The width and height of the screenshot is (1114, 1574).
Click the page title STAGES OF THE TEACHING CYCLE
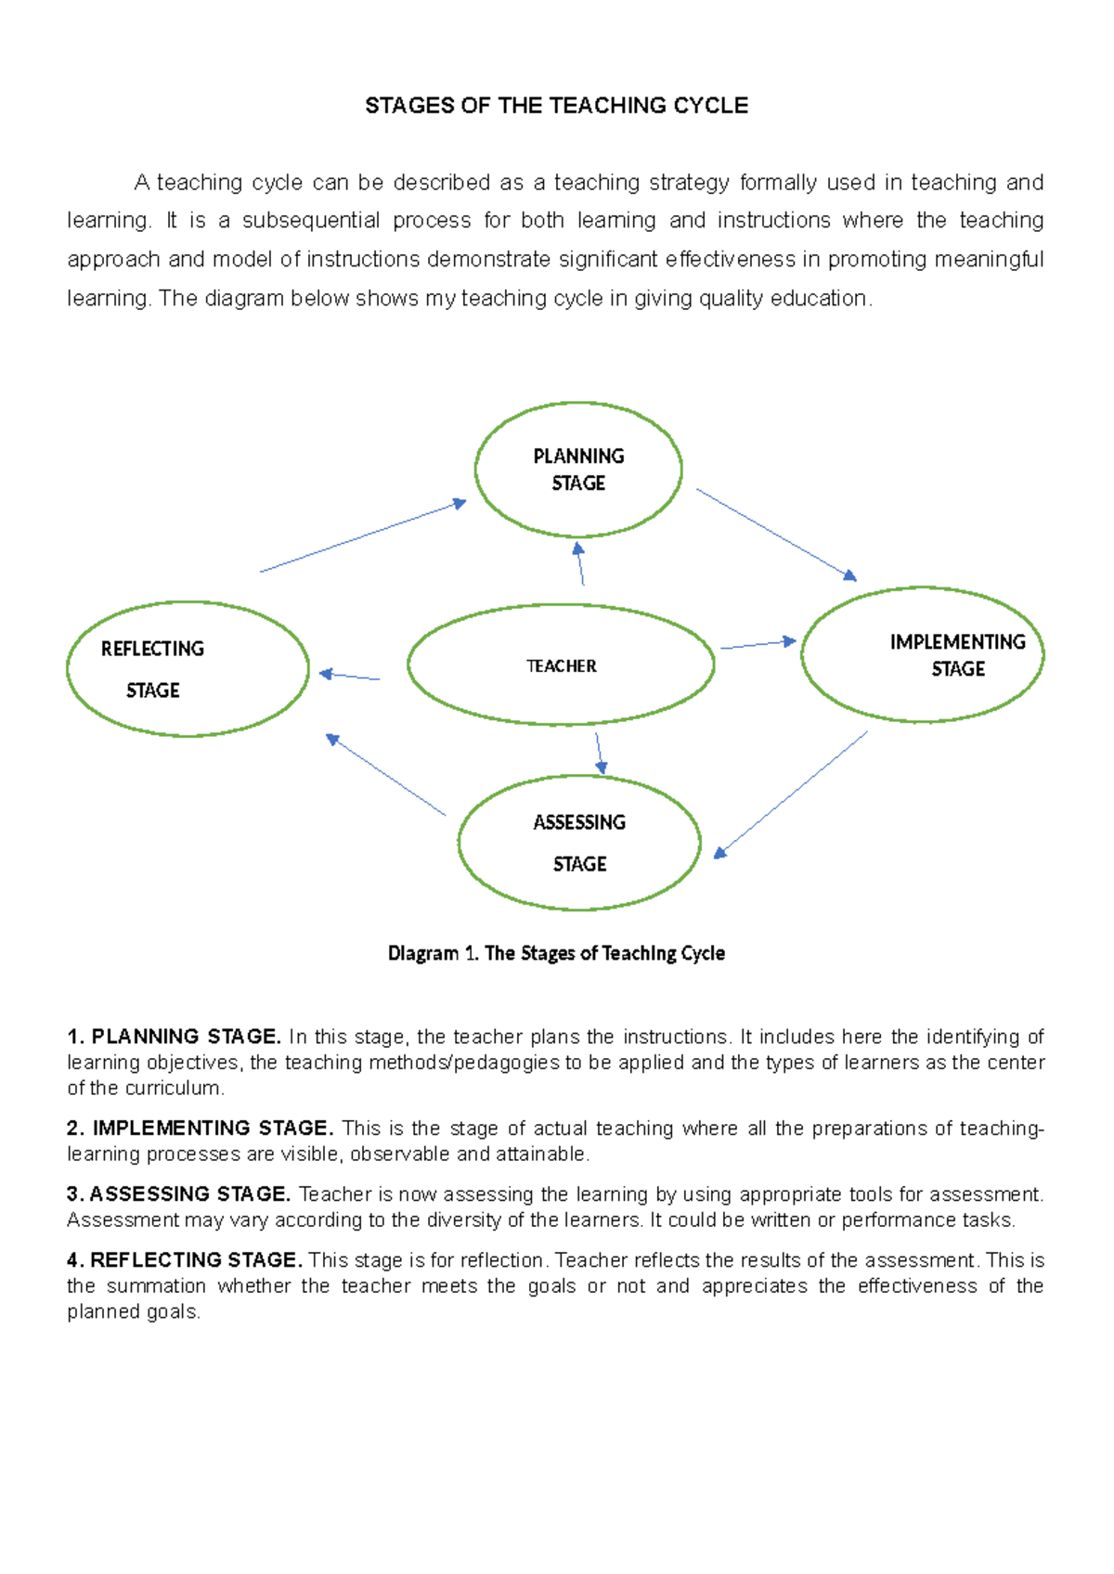click(x=556, y=106)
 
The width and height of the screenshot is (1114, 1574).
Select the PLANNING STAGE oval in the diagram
click(x=578, y=470)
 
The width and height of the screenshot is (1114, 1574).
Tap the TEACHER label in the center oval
click(x=561, y=666)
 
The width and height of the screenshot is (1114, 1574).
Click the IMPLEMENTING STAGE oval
click(x=922, y=655)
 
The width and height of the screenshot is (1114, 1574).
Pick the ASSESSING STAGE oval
click(x=579, y=843)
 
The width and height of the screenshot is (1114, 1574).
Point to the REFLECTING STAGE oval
click(x=188, y=669)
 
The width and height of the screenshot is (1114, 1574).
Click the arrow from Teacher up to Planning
click(x=580, y=564)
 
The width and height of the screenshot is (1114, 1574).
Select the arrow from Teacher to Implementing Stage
click(x=758, y=644)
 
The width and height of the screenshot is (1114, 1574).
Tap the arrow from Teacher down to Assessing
click(x=599, y=753)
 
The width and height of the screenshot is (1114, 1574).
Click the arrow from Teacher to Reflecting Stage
click(x=349, y=677)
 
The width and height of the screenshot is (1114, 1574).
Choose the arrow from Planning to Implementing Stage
click(x=776, y=535)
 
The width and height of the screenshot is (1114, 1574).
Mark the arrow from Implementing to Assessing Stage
click(x=791, y=793)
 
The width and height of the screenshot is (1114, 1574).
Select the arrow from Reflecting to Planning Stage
click(x=363, y=536)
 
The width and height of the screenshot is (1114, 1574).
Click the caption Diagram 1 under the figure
click(x=556, y=953)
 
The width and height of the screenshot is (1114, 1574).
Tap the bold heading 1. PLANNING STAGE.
click(x=174, y=1037)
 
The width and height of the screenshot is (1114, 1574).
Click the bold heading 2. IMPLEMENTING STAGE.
click(x=200, y=1129)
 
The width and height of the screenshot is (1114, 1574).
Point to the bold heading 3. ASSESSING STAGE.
click(x=179, y=1194)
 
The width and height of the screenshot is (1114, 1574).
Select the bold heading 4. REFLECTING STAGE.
click(x=185, y=1260)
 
